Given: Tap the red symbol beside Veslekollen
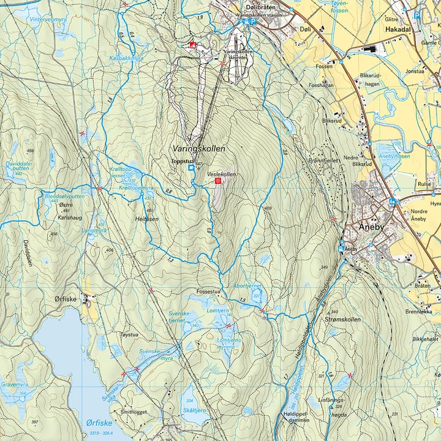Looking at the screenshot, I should [218, 181].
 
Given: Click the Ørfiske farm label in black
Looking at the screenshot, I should [64, 299].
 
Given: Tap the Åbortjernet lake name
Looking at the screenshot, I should [247, 285].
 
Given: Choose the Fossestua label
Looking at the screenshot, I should [207, 292].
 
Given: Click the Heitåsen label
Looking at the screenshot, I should [148, 217].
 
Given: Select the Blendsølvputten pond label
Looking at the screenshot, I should [65, 195].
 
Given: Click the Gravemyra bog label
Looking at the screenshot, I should [15, 385].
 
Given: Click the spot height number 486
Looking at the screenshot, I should [29, 151].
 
